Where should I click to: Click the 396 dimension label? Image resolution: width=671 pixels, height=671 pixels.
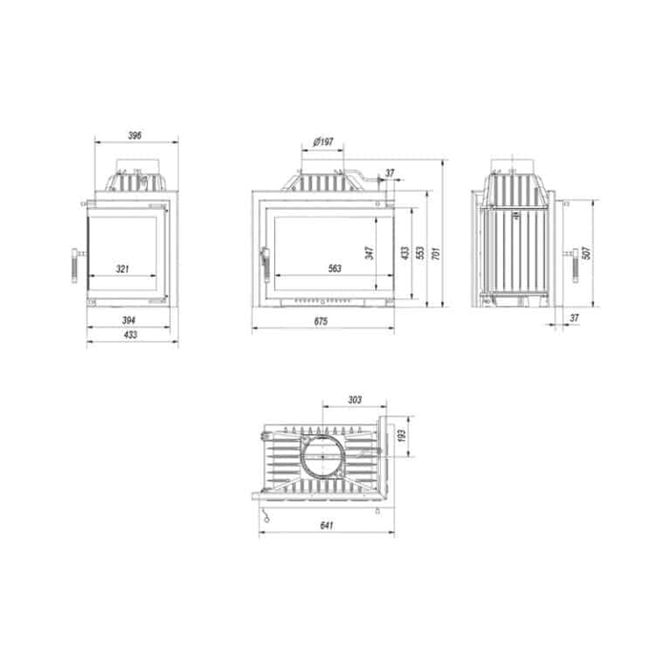coord(135,135)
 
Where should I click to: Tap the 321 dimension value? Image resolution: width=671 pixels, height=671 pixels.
coord(122,269)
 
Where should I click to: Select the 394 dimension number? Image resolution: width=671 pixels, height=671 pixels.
coord(128,320)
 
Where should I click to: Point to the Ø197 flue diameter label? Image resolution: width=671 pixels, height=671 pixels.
coord(323,142)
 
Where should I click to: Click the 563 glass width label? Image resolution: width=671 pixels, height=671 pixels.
coord(335,268)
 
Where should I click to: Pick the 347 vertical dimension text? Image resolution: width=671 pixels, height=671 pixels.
coord(370,252)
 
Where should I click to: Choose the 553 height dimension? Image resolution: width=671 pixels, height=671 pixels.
coord(420,252)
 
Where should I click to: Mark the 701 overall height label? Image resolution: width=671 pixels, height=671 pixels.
coord(436,253)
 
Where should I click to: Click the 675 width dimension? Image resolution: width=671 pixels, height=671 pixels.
coord(321,322)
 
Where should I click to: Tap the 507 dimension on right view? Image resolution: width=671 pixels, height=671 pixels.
coord(586,252)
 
